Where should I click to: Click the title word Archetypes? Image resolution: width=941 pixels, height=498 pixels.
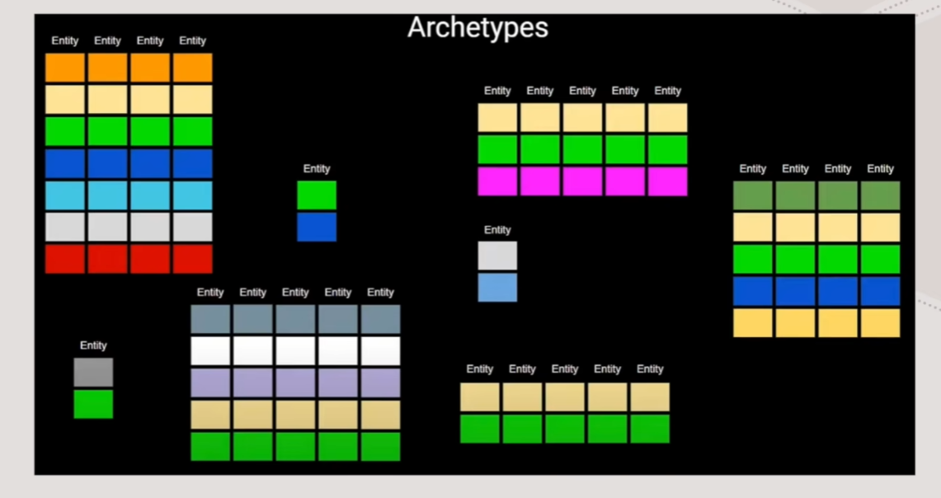click(478, 27)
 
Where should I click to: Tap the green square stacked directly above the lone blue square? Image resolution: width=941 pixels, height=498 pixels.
click(317, 195)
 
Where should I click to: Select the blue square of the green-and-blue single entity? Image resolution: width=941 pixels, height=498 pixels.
click(317, 227)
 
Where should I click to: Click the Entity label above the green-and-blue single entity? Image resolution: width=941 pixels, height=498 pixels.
click(317, 168)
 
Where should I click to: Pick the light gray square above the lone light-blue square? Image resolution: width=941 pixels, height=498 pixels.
click(497, 256)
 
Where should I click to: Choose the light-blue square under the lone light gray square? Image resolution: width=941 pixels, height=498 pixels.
click(497, 288)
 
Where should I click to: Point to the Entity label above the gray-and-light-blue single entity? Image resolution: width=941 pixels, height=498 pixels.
click(497, 230)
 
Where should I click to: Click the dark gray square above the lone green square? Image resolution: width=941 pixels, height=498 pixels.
click(94, 372)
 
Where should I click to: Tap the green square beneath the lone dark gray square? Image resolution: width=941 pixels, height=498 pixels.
click(94, 404)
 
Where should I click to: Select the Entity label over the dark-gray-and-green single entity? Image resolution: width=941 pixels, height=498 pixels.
click(94, 345)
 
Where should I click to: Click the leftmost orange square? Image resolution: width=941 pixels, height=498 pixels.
click(65, 68)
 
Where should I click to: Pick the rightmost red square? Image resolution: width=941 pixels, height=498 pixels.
click(193, 259)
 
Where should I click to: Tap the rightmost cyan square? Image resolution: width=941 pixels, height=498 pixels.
click(193, 195)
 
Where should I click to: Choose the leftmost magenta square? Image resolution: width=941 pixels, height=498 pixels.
click(497, 181)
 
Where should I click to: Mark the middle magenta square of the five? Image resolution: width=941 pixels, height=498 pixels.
click(583, 181)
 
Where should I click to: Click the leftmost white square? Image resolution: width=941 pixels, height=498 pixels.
click(210, 351)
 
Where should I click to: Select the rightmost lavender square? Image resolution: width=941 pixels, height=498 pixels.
click(381, 383)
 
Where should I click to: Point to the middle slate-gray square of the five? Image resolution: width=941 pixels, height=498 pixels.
click(296, 319)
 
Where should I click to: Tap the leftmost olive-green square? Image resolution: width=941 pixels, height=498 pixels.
click(753, 195)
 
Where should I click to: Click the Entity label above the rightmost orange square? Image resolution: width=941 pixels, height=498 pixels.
click(193, 40)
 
